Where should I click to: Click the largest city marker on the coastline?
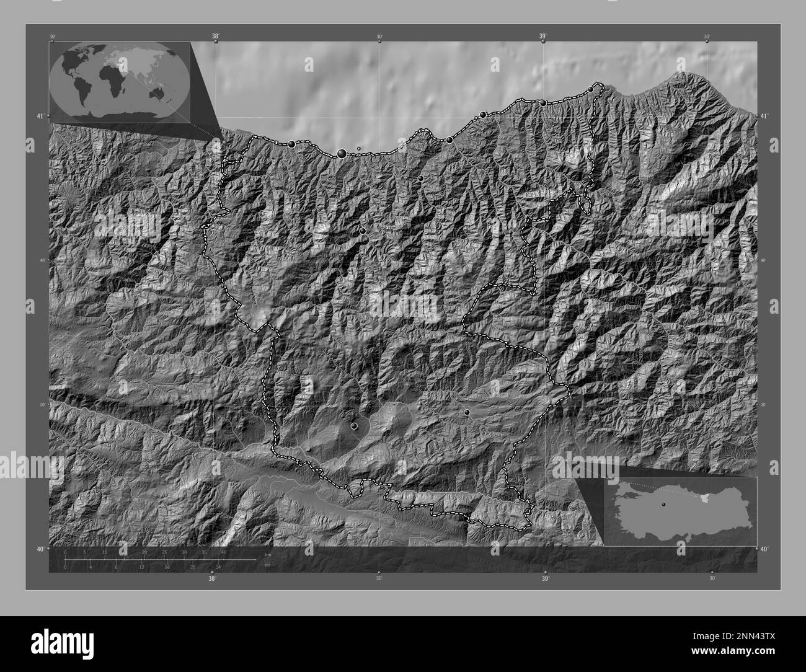pyautogui.click(x=342, y=153)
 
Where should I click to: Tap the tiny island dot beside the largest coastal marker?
pyautogui.click(x=359, y=149)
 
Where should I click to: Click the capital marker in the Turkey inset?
pyautogui.click(x=663, y=505)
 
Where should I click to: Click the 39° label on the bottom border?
pyautogui.click(x=545, y=579)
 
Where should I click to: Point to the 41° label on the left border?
pyautogui.click(x=40, y=116)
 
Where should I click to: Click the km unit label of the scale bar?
pyautogui.click(x=268, y=554)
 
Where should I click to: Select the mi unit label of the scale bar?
pyautogui.click(x=267, y=565)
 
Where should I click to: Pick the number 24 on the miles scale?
pyautogui.click(x=218, y=567)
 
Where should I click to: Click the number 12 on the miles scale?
pyautogui.click(x=142, y=567)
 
